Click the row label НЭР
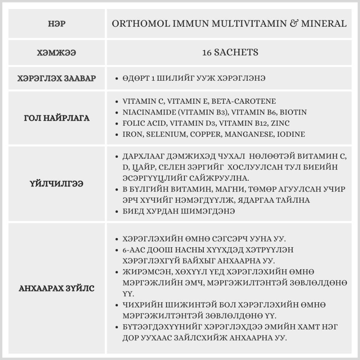(x=57, y=24)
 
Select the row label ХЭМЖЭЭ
(x=57, y=53)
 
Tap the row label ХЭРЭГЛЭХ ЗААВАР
(x=57, y=78)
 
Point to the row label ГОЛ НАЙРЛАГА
(x=57, y=118)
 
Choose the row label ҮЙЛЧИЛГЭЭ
(x=57, y=184)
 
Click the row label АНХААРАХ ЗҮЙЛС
(x=57, y=289)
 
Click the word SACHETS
(x=236, y=52)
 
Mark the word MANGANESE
(x=242, y=134)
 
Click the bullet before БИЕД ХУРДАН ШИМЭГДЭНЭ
(x=116, y=212)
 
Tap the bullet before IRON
(x=116, y=135)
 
